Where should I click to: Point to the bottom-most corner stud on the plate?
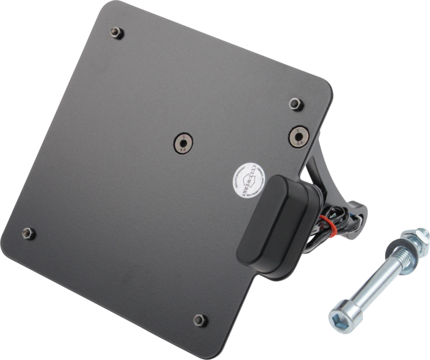point(198,319)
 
